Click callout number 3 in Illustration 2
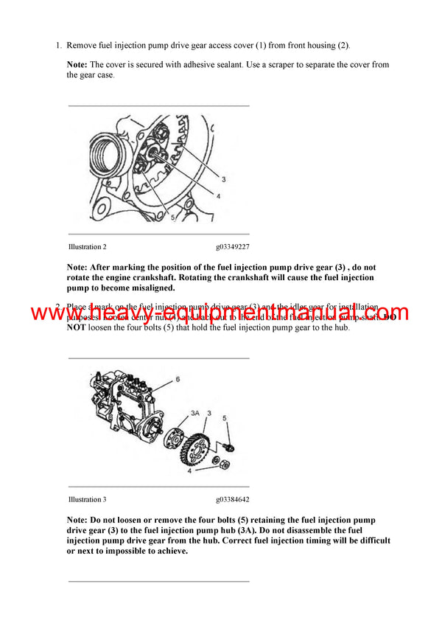pyautogui.click(x=223, y=179)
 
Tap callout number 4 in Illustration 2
pyautogui.click(x=218, y=195)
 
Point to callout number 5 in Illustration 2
pyautogui.click(x=171, y=218)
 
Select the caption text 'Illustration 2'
pyautogui.click(x=87, y=247)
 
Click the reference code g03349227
pyautogui.click(x=233, y=247)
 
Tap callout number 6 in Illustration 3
pyautogui.click(x=178, y=379)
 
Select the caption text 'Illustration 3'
pyautogui.click(x=87, y=500)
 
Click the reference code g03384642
pyautogui.click(x=233, y=500)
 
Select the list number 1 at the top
pyautogui.click(x=58, y=46)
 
